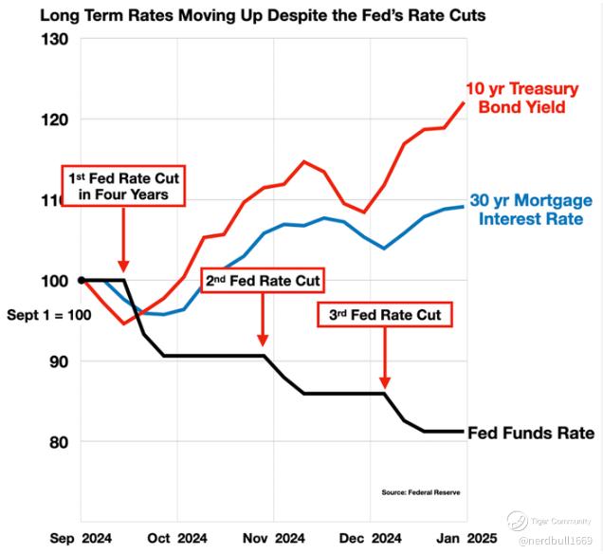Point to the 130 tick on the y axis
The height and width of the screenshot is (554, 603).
point(54,40)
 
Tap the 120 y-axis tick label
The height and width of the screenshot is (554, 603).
point(54,120)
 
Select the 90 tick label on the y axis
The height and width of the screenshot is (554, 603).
point(58,361)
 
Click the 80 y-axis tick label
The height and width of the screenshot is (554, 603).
point(58,442)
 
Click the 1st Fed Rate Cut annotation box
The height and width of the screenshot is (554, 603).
point(123,186)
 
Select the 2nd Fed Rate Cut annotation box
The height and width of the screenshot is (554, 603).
point(263,282)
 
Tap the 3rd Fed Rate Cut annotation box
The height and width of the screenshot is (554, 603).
point(384,314)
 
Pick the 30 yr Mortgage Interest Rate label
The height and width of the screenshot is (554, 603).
point(532,210)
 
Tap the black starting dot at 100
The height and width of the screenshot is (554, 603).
point(82,281)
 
